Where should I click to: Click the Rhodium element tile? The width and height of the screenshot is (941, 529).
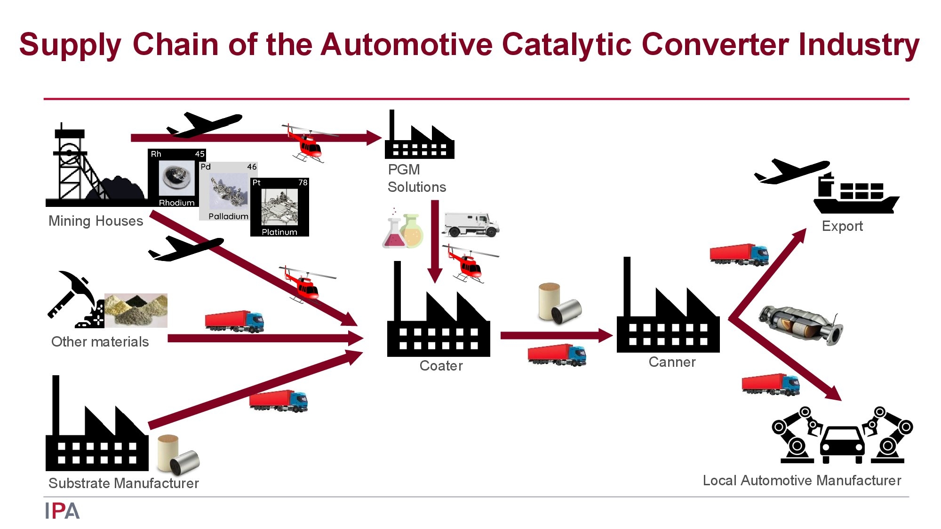177,178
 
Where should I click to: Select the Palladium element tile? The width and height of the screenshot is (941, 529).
229,191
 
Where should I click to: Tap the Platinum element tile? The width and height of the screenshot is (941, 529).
279,207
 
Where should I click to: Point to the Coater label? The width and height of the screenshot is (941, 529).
441,366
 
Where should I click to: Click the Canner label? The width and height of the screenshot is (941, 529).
672,362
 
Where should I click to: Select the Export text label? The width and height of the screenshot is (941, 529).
842,226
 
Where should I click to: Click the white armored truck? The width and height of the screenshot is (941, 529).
470,224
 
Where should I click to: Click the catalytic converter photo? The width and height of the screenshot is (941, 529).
800,324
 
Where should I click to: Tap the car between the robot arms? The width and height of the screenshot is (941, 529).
842,444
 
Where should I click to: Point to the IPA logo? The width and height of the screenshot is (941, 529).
63,511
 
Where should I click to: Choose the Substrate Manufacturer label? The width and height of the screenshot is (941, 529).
124,483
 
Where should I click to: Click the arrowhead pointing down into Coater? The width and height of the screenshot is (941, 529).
435,276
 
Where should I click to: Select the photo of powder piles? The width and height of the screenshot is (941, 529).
136,310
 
